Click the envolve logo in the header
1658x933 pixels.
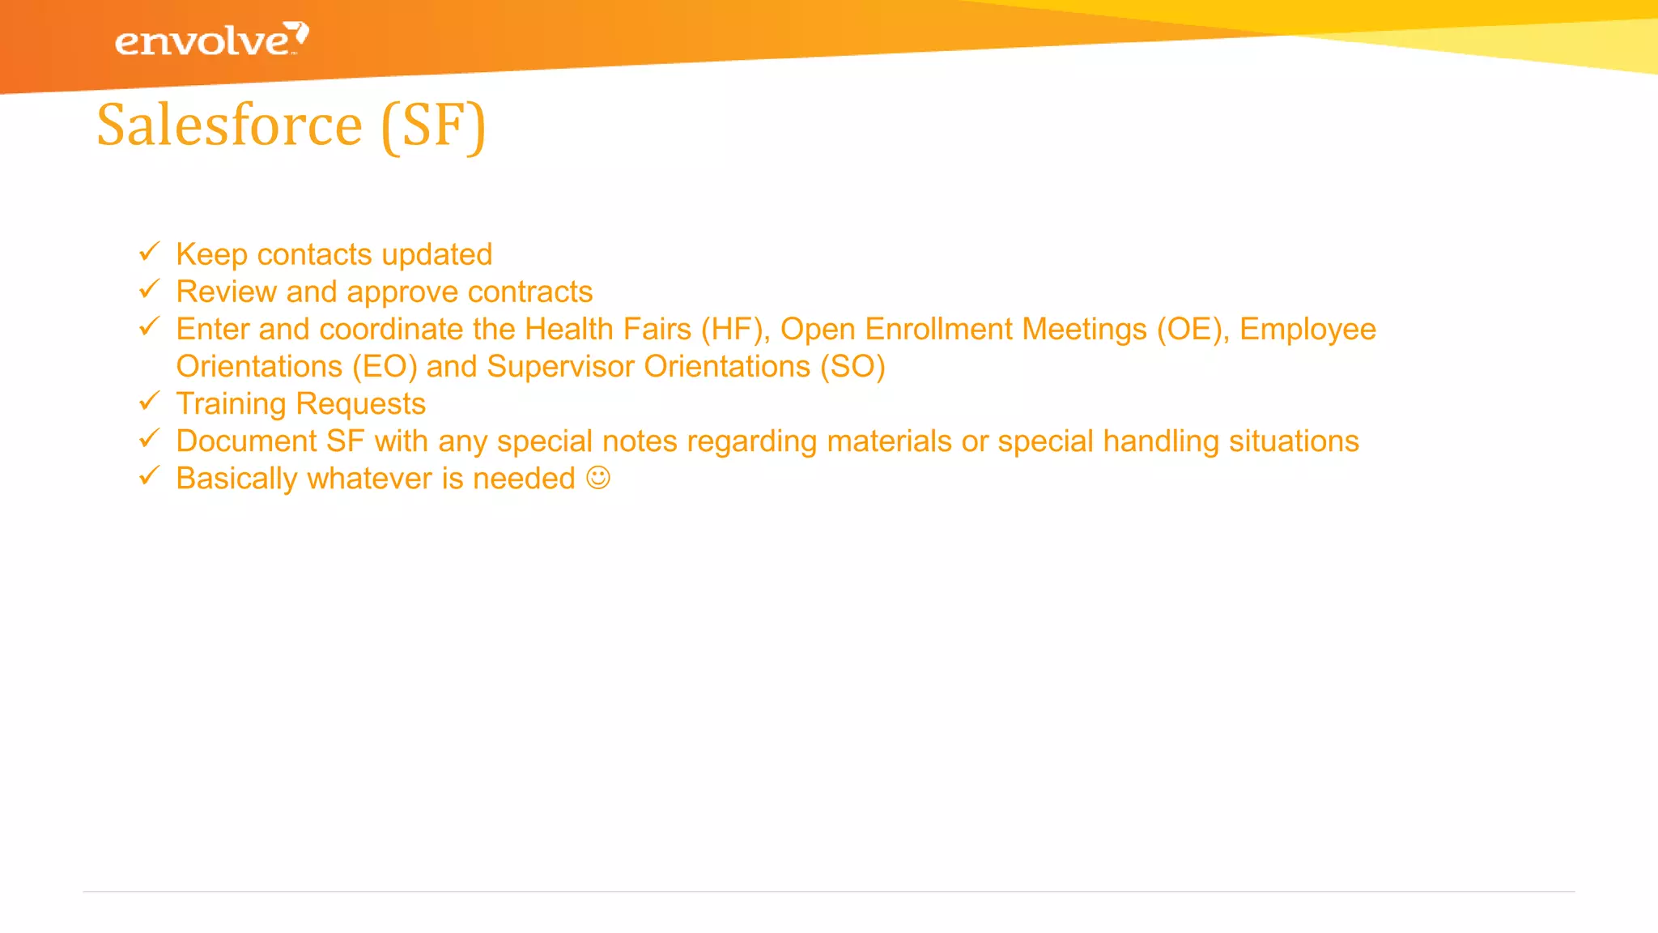pos(210,40)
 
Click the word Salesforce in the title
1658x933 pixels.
pos(229,126)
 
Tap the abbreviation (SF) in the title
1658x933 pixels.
pos(433,126)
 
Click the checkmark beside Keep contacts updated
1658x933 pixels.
pos(150,252)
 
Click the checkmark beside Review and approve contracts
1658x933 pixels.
pos(150,289)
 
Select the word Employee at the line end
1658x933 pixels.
pos(1307,330)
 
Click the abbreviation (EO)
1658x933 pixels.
pos(385,367)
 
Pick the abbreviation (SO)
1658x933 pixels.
pos(852,367)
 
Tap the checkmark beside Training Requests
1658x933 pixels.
pos(150,401)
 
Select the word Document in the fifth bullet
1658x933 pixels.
pos(246,441)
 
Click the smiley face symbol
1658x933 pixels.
pos(598,478)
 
